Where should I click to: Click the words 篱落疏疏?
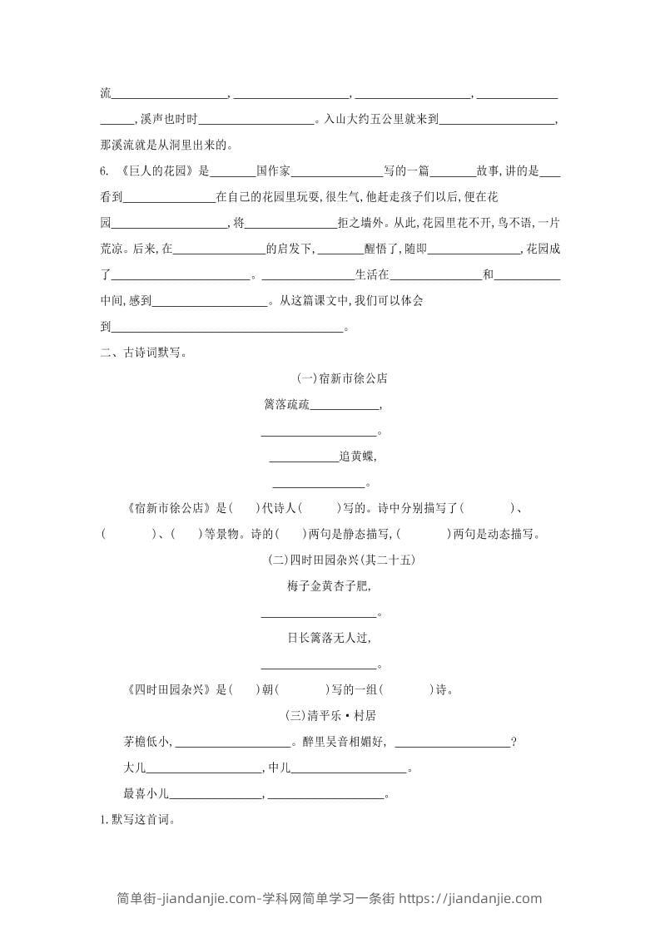point(286,405)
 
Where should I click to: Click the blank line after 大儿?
point(203,769)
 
